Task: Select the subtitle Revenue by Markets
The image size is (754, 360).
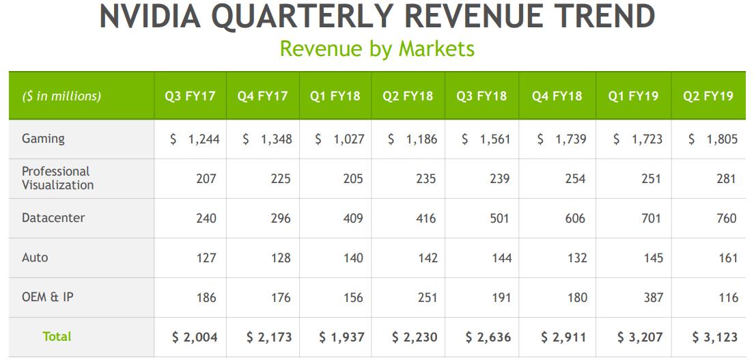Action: click(x=377, y=49)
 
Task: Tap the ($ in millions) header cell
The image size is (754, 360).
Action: click(x=61, y=96)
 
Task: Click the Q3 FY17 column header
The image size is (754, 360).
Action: click(x=190, y=96)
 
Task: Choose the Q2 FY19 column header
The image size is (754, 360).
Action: click(x=708, y=96)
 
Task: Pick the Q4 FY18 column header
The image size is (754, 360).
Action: click(x=557, y=96)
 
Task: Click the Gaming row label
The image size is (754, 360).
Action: click(x=43, y=139)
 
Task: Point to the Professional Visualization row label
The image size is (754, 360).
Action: click(x=57, y=178)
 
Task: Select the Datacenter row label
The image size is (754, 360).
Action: click(x=53, y=218)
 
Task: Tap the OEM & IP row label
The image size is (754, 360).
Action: click(x=47, y=297)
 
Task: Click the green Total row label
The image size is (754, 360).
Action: click(x=57, y=336)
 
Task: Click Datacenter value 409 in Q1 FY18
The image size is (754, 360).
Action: click(x=352, y=219)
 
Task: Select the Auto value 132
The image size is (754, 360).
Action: click(x=575, y=258)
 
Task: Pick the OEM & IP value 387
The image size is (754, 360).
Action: click(x=650, y=298)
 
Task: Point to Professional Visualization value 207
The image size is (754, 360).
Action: click(x=206, y=179)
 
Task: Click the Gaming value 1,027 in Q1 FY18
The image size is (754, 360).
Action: click(x=348, y=139)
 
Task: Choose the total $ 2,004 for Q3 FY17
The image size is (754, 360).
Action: click(x=195, y=337)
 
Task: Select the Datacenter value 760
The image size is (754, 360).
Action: click(x=727, y=219)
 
